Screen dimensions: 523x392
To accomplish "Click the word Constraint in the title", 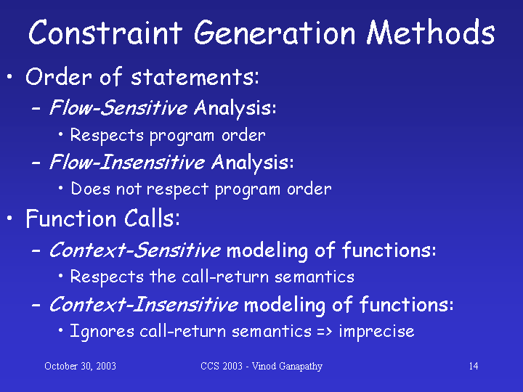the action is [x=105, y=33].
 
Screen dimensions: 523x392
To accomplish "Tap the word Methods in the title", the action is [x=431, y=32].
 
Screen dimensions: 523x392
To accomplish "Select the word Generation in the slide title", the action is [x=275, y=33].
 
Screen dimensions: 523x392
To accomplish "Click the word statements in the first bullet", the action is [x=195, y=77].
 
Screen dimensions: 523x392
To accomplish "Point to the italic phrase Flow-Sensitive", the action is [x=118, y=107].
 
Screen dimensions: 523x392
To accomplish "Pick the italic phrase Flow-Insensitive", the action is [x=126, y=162].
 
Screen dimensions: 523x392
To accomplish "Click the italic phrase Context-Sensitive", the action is [x=135, y=250].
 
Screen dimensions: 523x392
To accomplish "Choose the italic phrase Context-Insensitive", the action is [x=143, y=304].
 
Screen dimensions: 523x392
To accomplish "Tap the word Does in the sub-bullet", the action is [x=90, y=189].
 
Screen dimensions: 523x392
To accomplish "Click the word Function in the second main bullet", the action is [x=71, y=219].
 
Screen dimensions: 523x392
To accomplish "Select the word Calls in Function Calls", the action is [x=152, y=219].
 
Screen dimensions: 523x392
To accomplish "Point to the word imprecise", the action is [x=376, y=331].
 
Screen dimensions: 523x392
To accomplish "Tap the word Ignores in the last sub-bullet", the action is [x=102, y=331].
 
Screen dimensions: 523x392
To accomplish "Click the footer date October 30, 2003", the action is [x=80, y=366].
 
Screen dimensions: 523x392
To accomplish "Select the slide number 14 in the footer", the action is [x=474, y=366].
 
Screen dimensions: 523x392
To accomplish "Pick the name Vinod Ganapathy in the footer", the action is [x=287, y=367].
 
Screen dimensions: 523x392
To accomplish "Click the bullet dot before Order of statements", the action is [x=9, y=77].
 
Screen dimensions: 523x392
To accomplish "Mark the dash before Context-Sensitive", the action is [x=36, y=250].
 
